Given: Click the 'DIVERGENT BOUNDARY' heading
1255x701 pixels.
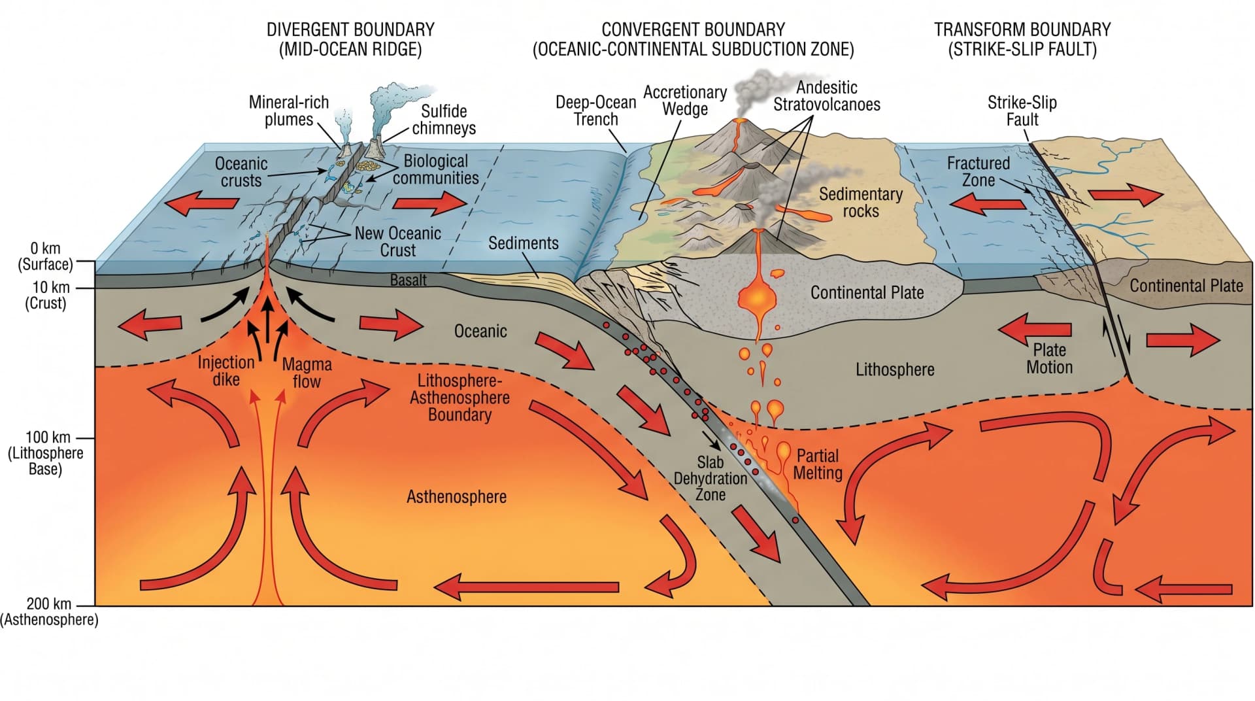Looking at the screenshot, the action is (x=350, y=30).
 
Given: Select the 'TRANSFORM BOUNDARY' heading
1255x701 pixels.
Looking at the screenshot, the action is (x=1022, y=30).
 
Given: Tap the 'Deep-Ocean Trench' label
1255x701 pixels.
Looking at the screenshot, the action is (x=595, y=111).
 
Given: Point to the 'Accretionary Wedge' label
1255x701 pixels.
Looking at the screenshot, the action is (x=685, y=101).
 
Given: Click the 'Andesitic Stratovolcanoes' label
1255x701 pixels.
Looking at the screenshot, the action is (x=827, y=96).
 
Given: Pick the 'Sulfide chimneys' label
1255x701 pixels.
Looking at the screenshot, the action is (x=444, y=120).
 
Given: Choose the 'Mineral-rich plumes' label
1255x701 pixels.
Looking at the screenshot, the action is (x=289, y=111).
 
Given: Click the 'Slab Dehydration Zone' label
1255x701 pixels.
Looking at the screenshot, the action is (x=711, y=478).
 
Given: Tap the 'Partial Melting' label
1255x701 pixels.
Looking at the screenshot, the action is (x=818, y=464).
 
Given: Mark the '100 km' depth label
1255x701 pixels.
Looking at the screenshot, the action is (x=48, y=437).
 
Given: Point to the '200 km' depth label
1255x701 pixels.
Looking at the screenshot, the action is (x=48, y=604).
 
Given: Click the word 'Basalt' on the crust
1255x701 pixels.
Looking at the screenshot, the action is (x=409, y=281).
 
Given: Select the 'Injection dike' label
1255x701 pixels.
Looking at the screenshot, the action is (x=226, y=371).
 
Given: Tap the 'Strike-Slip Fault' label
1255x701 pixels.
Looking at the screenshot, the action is (x=1022, y=111).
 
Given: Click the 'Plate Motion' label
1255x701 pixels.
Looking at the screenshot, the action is (x=1050, y=358).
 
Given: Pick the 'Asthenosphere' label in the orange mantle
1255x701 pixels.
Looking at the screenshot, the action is (x=457, y=497).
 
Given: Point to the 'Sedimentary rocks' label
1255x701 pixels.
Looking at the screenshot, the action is (x=861, y=203).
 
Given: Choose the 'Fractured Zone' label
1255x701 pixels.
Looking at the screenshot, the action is (x=979, y=171).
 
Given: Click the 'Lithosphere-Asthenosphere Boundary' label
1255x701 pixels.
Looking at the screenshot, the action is (x=460, y=398).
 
